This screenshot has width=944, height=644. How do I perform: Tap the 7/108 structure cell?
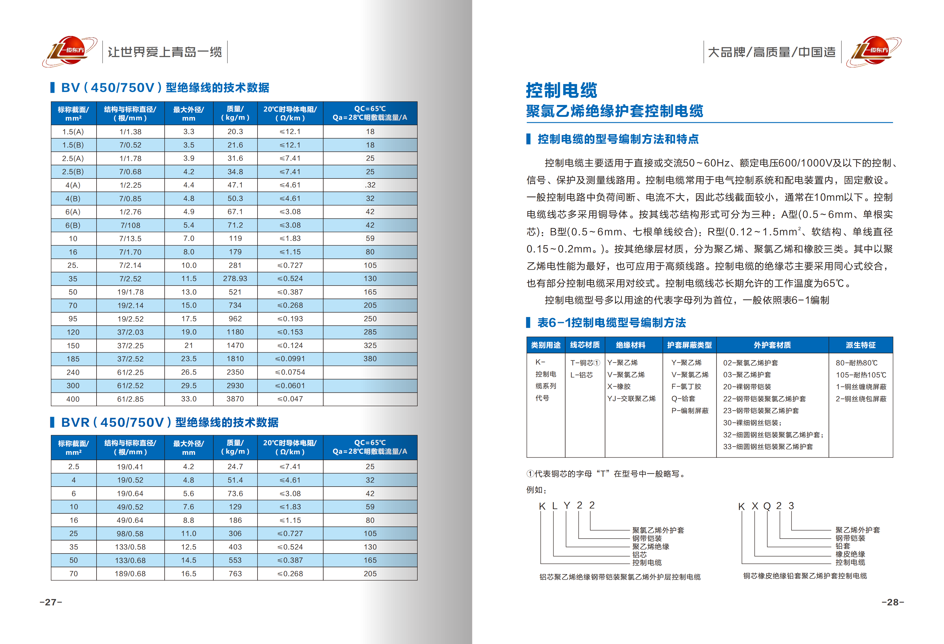[x=130, y=225]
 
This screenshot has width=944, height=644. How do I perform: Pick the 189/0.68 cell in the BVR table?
[x=130, y=574]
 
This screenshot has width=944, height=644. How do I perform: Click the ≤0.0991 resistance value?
[x=290, y=359]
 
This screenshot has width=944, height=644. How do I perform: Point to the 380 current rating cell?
[x=370, y=359]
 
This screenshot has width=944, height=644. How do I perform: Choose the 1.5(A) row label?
[x=73, y=132]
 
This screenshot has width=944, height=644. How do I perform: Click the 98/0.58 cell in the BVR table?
[x=130, y=534]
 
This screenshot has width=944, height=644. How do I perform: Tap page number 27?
[x=51, y=602]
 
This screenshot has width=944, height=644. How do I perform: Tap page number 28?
[x=892, y=602]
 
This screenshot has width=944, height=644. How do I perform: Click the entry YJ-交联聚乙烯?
[x=631, y=399]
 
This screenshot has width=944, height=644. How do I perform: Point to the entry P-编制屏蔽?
[x=690, y=411]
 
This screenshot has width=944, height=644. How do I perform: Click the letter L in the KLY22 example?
[x=554, y=506]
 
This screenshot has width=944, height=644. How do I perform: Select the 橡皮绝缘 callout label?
[x=850, y=554]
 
